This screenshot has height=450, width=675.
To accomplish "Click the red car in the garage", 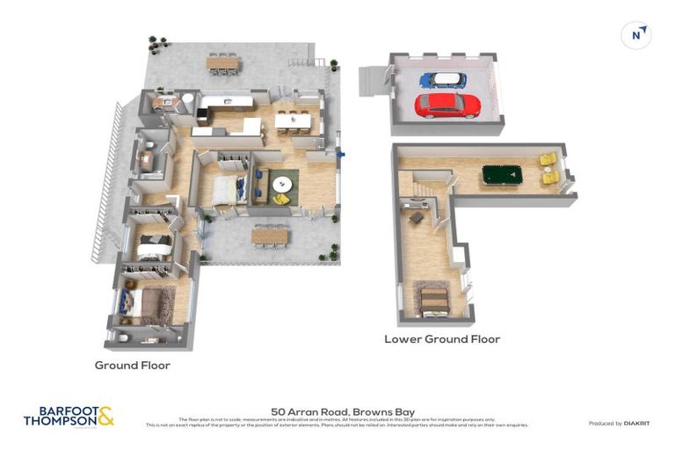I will (447, 105).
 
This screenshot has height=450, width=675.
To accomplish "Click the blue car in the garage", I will (442, 80).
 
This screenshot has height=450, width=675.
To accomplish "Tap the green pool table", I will (501, 175).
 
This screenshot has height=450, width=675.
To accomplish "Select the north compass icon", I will (637, 35).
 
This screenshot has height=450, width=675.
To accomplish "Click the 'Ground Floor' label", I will (132, 365).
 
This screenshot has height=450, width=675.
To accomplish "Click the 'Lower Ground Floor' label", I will (442, 338).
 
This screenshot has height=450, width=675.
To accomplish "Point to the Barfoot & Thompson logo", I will (69, 416).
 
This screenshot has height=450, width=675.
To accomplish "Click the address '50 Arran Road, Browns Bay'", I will (343, 410).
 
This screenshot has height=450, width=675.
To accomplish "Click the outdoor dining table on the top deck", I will (222, 62).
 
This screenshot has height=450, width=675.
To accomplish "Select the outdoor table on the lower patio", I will (269, 236).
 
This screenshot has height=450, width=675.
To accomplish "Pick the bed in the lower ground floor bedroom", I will (434, 301).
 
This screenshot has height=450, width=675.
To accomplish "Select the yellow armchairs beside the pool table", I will (548, 168).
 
